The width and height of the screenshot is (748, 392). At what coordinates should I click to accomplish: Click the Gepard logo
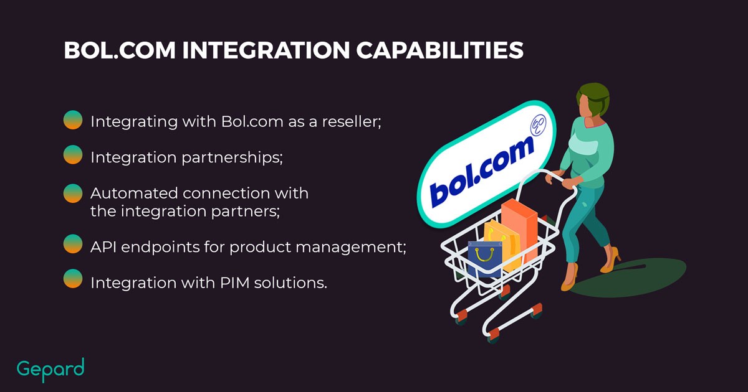tap(50, 369)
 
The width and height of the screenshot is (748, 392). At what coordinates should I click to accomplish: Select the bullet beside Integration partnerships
tap(74, 155)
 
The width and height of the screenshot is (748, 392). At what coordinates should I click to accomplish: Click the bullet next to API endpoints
tap(74, 245)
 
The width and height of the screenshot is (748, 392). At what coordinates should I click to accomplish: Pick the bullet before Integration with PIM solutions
tap(74, 279)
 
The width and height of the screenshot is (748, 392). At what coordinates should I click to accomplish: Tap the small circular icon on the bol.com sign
tap(537, 126)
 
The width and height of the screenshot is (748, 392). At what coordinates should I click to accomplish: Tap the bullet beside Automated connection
tap(74, 194)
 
